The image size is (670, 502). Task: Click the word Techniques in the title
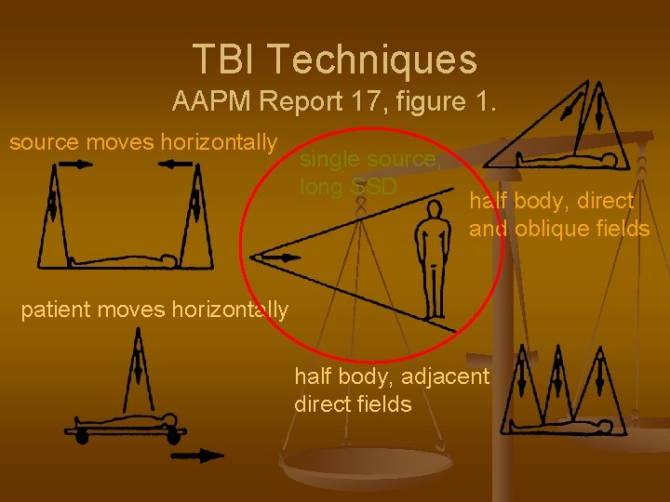[374, 59]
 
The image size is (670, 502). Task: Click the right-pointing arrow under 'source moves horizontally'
[74, 165]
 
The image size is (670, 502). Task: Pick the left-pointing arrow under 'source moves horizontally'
[175, 165]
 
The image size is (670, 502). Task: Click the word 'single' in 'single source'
[329, 159]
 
